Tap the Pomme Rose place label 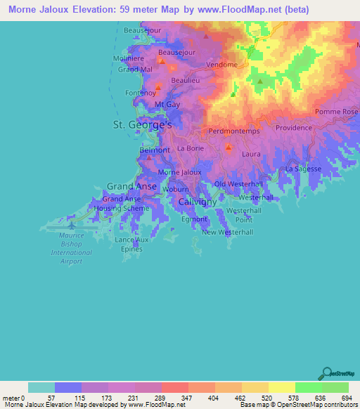point(336,112)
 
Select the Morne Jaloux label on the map point(179,172)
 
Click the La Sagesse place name point(303,169)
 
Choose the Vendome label point(222,65)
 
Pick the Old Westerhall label point(238,184)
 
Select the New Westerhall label point(227,232)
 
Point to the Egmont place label point(194,219)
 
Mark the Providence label point(293,128)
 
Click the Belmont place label point(155,150)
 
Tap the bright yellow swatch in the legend point(281,387)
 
